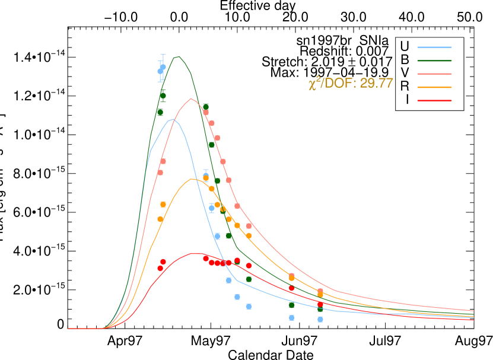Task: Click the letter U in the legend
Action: [405, 46]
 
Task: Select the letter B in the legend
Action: [405, 59]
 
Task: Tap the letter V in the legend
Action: [405, 73]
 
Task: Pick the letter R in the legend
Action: [405, 87]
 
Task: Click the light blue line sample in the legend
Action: [434, 47]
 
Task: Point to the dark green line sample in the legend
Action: [434, 60]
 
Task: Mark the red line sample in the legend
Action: [434, 100]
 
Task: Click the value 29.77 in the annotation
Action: [377, 84]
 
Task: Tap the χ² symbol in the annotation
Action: [314, 84]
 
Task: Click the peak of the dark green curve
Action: [179, 57]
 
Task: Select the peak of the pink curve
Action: [190, 99]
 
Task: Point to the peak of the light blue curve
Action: [173, 120]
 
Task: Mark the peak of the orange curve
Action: [192, 179]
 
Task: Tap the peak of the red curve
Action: [193, 253]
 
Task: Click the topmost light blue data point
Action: [163, 67]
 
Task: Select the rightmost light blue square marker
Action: [320, 319]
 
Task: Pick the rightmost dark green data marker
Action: [320, 309]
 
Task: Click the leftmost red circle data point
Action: [160, 268]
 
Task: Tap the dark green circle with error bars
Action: [163, 95]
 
